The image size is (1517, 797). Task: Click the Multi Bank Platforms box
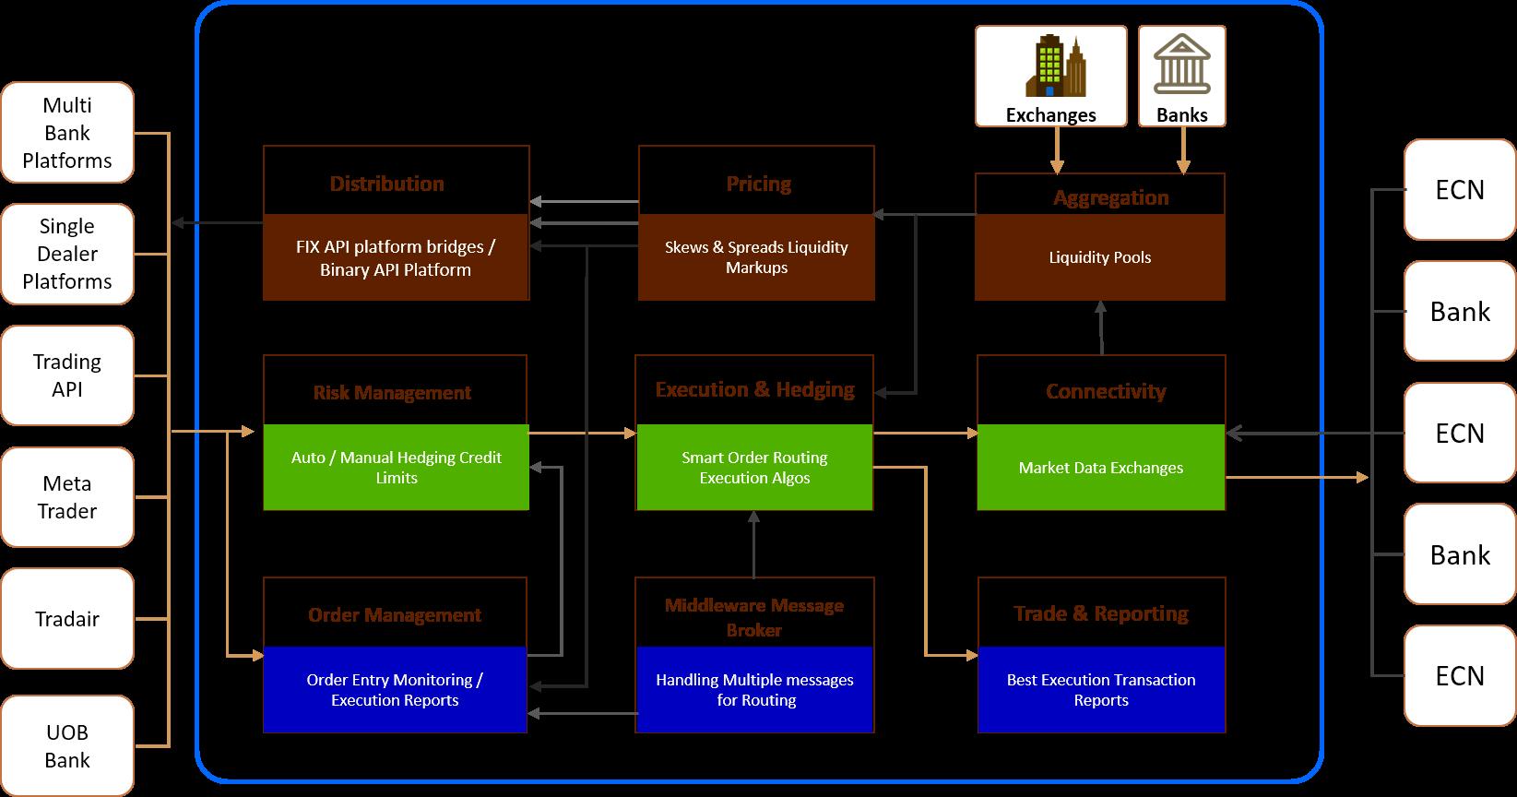coord(67,133)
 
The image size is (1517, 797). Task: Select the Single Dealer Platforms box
coord(67,254)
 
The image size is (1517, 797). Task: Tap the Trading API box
coord(67,375)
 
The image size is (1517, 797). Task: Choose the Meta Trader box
coord(67,497)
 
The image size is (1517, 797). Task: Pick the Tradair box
coord(67,619)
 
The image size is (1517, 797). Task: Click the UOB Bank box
coord(67,746)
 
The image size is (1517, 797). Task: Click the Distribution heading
coord(387,184)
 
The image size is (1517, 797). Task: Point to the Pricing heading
coord(758,184)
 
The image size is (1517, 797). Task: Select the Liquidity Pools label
coord(1099,257)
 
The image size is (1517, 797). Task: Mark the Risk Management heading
coord(392,393)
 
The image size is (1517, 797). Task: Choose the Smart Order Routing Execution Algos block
coord(754,468)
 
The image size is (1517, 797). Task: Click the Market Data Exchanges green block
coord(1100,468)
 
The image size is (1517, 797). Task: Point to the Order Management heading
coord(395,615)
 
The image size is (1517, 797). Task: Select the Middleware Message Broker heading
coord(754,617)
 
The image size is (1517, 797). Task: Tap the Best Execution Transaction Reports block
coord(1101,690)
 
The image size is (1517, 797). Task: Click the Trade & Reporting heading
coord(1101,614)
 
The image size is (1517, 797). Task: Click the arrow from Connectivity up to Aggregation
coord(1100,328)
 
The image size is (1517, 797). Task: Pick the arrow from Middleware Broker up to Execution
coord(754,544)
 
